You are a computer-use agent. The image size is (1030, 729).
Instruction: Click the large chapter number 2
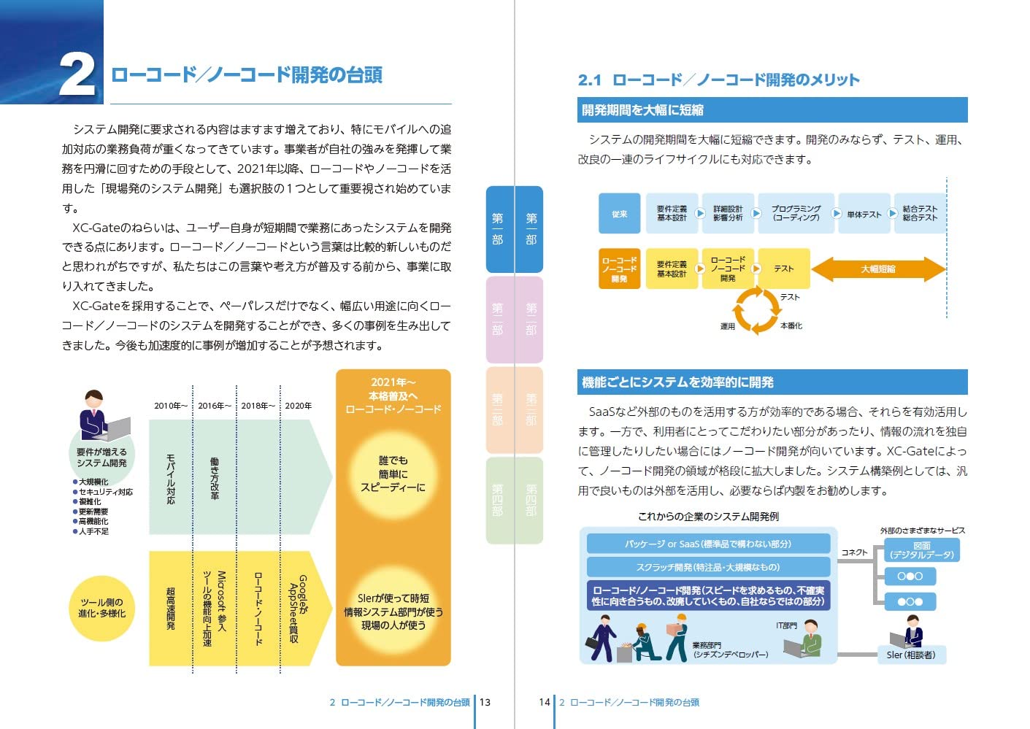click(x=76, y=74)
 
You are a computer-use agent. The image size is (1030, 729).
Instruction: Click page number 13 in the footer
click(x=485, y=702)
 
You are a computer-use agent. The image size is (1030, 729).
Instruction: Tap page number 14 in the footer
click(x=544, y=702)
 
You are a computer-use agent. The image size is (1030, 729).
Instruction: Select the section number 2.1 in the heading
click(x=589, y=80)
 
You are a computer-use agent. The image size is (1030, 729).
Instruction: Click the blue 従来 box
click(x=619, y=213)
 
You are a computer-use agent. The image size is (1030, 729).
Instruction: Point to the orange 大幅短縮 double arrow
click(x=877, y=269)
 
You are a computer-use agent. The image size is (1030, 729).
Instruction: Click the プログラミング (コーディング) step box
click(x=796, y=213)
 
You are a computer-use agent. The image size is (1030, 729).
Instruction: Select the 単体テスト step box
click(x=864, y=214)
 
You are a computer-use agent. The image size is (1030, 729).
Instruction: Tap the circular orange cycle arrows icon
click(x=756, y=310)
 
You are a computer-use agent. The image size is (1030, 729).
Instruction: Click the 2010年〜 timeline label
click(x=170, y=406)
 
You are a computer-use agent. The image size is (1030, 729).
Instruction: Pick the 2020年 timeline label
click(x=298, y=406)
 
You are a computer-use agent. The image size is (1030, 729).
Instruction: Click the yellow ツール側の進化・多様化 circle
click(x=102, y=608)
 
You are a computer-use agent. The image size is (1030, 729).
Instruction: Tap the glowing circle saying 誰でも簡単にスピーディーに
click(x=393, y=474)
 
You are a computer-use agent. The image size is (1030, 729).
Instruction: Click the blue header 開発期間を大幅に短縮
click(x=772, y=110)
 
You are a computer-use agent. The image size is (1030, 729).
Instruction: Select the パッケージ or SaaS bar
click(x=708, y=544)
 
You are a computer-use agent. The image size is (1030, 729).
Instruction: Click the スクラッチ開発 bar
click(x=708, y=567)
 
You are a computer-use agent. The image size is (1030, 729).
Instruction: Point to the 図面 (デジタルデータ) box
click(x=921, y=550)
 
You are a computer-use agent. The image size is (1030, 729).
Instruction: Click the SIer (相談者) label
click(x=910, y=655)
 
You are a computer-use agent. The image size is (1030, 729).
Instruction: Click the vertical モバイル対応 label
click(x=170, y=479)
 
